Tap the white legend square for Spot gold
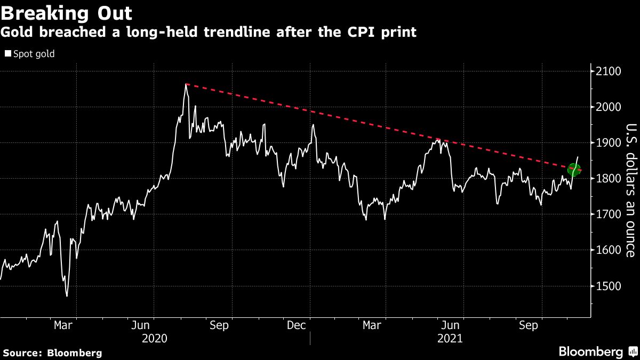[7, 54]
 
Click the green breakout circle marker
[574, 170]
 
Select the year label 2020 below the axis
[155, 338]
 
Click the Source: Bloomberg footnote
[52, 353]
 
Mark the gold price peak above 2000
[186, 84]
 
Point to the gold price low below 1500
[67, 296]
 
